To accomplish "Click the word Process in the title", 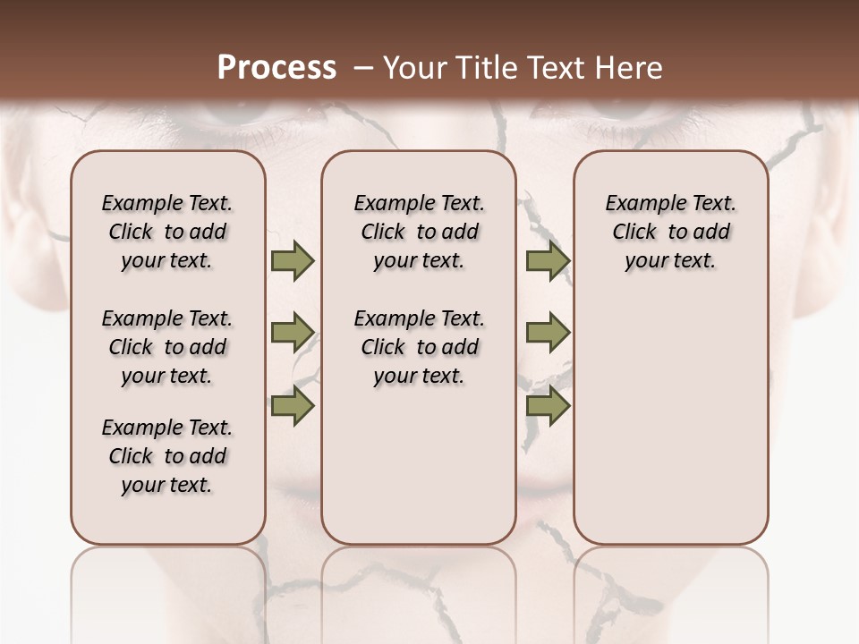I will click(276, 68).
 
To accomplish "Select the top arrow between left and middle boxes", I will click(293, 261).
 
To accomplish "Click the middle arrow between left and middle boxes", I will click(293, 333).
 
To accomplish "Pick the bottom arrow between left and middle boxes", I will click(293, 406).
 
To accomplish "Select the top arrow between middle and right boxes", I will click(548, 261).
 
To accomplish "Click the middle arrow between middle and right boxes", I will click(548, 333).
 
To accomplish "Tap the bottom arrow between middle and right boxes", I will click(548, 406).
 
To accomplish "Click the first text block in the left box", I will click(167, 232).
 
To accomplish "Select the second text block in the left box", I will click(167, 347).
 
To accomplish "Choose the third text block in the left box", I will click(167, 456).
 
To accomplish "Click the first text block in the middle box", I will click(419, 232).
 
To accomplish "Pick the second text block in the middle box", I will click(419, 347).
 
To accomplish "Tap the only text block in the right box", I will click(671, 232).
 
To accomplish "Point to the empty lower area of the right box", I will click(671, 420).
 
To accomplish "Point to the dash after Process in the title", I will click(363, 68).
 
